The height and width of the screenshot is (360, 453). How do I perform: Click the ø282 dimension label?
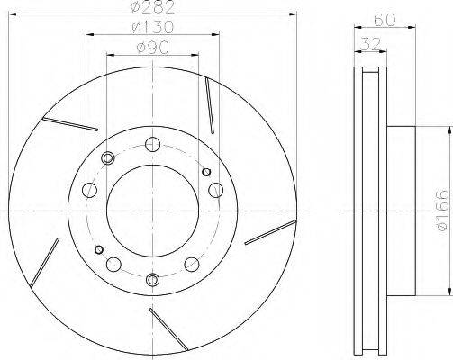(x=153, y=6)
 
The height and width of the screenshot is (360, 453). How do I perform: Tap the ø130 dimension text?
(x=153, y=27)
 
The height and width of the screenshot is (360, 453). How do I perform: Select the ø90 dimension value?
(x=153, y=48)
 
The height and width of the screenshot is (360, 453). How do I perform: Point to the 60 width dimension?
(x=385, y=20)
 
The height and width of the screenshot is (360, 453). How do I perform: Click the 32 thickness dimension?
(x=370, y=44)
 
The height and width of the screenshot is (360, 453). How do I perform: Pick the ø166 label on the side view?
(x=442, y=211)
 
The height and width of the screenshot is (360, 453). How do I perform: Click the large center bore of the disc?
(x=152, y=211)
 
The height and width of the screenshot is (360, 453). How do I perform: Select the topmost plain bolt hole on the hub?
(x=152, y=144)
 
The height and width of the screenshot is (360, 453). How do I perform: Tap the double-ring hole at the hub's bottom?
(x=152, y=279)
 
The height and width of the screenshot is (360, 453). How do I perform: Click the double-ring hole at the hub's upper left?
(x=107, y=158)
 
